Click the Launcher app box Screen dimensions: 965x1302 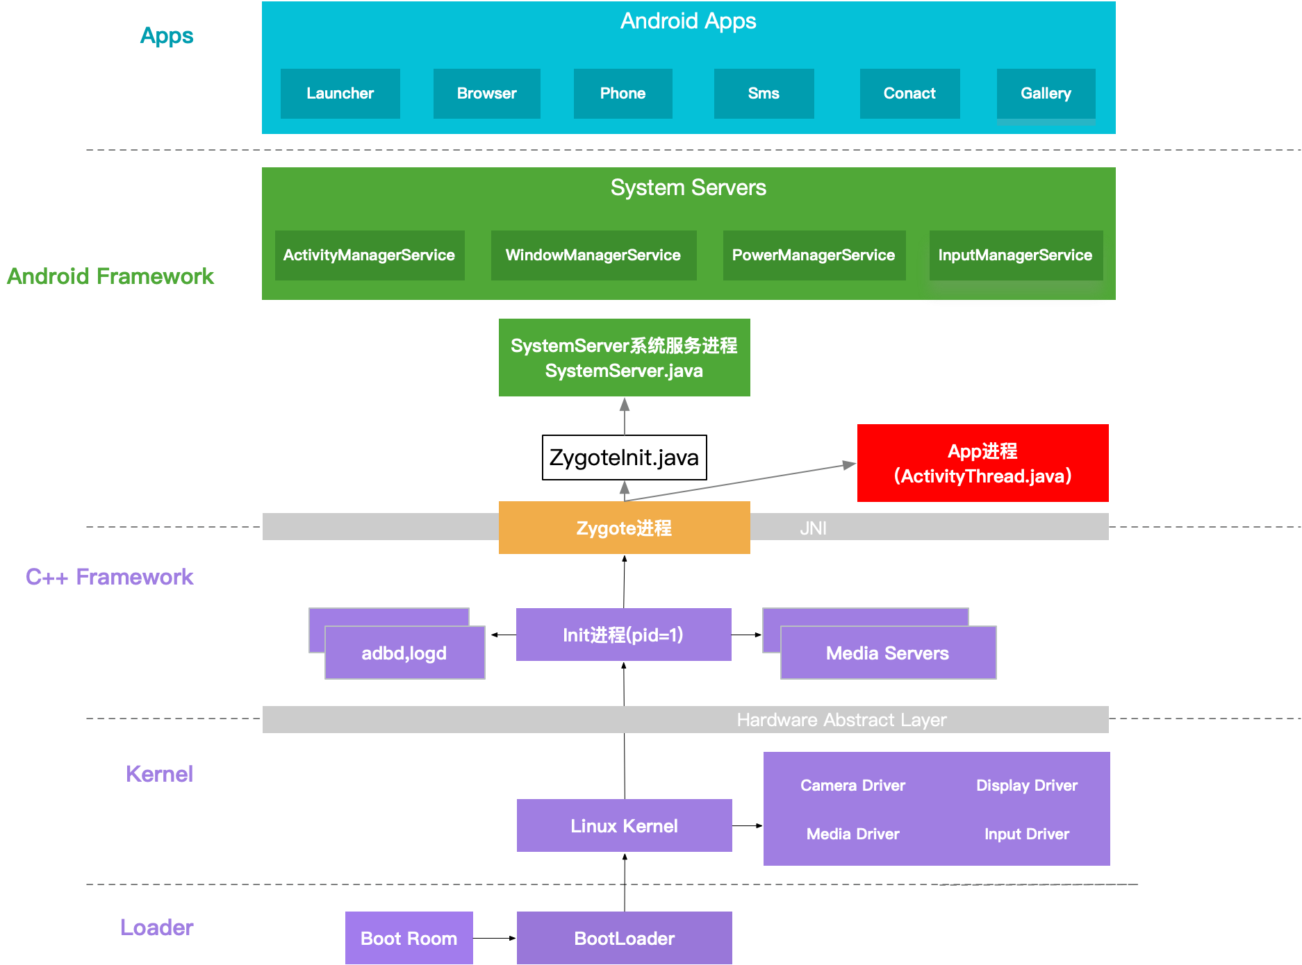coord(340,93)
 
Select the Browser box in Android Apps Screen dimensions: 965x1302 coord(486,93)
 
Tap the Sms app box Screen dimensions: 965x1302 coord(764,93)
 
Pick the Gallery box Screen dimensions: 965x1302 coord(1046,93)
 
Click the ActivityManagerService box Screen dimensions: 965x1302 coord(369,255)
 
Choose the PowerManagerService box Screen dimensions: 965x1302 coord(814,255)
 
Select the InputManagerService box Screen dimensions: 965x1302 coord(1015,255)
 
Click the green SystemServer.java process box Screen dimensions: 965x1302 coord(624,358)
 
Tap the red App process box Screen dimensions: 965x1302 coord(982,463)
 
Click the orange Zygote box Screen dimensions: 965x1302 coord(624,528)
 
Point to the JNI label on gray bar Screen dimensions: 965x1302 coord(813,528)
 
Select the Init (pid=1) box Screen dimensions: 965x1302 coord(623,635)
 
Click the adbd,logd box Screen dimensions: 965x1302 coord(404,653)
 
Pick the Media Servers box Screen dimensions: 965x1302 coord(887,653)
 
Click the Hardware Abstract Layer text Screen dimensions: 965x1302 coord(841,720)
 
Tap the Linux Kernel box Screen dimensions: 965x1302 coord(624,825)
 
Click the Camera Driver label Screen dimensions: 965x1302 coord(852,785)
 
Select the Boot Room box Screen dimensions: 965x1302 coord(409,938)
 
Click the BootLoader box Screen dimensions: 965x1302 coord(624,938)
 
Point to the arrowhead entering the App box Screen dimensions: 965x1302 coord(850,464)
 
